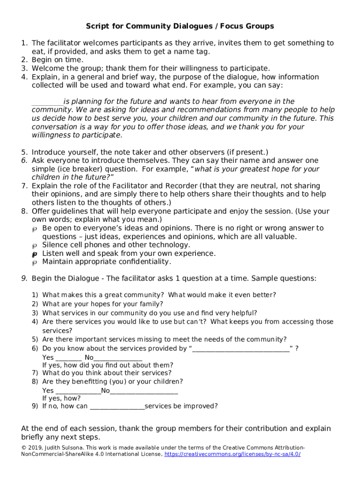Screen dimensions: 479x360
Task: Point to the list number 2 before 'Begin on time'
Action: tap(24, 60)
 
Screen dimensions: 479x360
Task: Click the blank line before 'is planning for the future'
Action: tap(47, 102)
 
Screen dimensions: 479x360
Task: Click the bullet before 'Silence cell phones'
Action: tap(34, 246)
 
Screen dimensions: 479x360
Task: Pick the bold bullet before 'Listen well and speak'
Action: tap(34, 254)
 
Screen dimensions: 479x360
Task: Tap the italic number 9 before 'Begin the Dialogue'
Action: tap(24, 278)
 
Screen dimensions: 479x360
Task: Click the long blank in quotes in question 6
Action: tap(241, 348)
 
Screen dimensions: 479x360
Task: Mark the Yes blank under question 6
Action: tap(68, 358)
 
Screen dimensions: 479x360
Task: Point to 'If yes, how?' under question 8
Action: tap(61, 398)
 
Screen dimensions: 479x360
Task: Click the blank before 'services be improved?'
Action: tap(117, 406)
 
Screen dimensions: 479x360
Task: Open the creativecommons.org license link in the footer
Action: tap(232, 454)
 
